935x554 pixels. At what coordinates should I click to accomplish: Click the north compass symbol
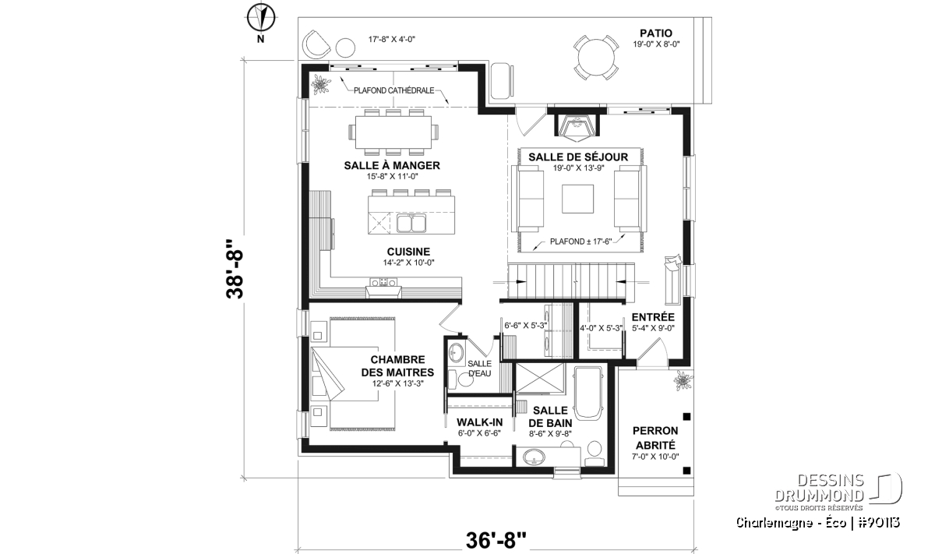[x=260, y=18]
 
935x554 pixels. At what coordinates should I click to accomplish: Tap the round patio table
[x=596, y=58]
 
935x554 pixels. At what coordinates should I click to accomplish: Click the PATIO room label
[x=656, y=33]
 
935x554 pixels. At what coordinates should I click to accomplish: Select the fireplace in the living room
[x=577, y=124]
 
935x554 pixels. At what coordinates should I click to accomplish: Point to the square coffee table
[x=577, y=199]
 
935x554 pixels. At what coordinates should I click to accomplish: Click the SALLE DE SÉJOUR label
[x=578, y=157]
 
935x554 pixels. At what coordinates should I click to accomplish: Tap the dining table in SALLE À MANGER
[x=393, y=132]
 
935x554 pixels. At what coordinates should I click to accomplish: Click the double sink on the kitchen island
[x=411, y=224]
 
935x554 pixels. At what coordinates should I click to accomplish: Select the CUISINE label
[x=408, y=252]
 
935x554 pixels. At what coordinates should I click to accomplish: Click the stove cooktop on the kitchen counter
[x=383, y=282]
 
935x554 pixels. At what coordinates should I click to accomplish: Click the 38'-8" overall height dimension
[x=235, y=269]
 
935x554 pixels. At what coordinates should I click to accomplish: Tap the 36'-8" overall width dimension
[x=496, y=540]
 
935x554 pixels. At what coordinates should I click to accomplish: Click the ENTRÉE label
[x=653, y=317]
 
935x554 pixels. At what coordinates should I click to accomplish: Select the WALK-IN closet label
[x=480, y=422]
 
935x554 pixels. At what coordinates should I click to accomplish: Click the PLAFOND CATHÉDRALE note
[x=394, y=90]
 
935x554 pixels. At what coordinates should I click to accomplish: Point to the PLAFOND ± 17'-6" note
[x=580, y=242]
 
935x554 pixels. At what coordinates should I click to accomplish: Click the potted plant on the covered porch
[x=683, y=380]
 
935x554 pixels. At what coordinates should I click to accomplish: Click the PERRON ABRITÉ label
[x=655, y=438]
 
